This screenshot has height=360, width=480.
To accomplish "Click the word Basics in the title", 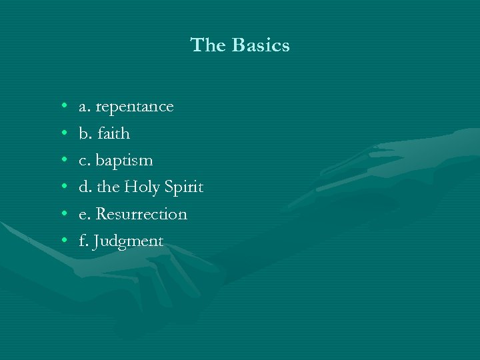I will [261, 45].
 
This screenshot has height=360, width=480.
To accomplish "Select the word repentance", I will [135, 107].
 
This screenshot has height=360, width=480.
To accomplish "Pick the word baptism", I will [125, 161].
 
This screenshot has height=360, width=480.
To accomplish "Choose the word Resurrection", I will [141, 214].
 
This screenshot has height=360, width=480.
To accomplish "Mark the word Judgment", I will [129, 241].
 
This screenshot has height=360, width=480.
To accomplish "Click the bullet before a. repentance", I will [62, 107].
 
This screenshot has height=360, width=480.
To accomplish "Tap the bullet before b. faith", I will [62, 133].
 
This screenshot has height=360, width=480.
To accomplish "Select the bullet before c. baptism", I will [62, 161].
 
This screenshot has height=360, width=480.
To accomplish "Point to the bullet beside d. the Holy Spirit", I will [62, 187].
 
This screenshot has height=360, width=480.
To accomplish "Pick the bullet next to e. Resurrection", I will [62, 214].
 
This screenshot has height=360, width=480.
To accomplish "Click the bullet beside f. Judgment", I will [62, 241].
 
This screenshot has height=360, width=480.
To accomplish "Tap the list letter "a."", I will [85, 107].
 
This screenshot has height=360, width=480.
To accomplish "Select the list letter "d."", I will [85, 187].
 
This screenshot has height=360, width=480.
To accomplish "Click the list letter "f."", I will [83, 241].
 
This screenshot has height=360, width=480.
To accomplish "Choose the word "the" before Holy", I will [109, 187].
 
